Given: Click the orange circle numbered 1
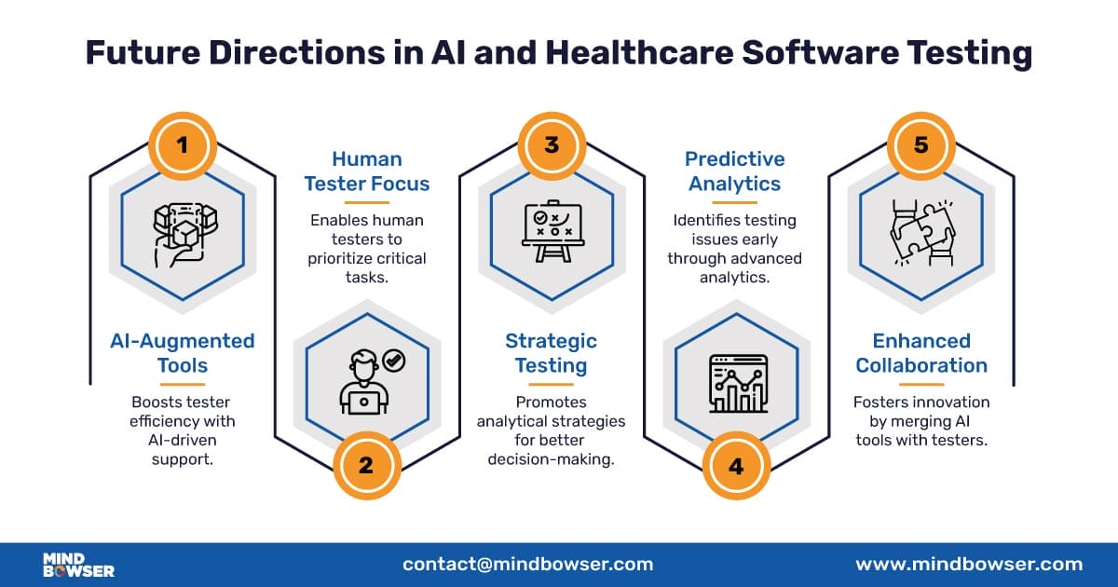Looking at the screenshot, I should [183, 145].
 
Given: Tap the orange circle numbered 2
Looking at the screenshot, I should [365, 464].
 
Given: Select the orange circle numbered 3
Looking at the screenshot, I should [552, 145].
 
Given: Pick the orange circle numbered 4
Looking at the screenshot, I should [736, 464].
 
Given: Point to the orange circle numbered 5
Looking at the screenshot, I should [920, 145].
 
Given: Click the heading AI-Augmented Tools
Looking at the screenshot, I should [183, 352].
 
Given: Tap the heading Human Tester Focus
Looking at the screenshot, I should [365, 171].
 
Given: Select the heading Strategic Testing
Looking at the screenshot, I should [552, 352].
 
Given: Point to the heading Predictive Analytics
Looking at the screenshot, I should [736, 171].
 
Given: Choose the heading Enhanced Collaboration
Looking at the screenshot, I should [920, 352].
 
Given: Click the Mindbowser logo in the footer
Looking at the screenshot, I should [78, 565].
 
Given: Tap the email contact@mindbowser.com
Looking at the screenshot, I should [527, 564].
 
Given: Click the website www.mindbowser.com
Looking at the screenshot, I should [969, 564].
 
